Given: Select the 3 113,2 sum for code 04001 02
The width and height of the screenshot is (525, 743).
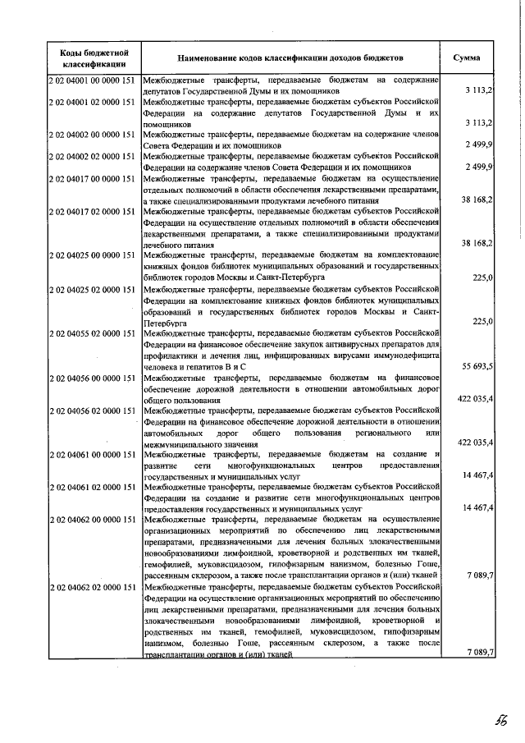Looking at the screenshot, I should click(478, 122).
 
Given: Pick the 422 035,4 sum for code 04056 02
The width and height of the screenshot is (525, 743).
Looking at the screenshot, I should click(475, 443).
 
